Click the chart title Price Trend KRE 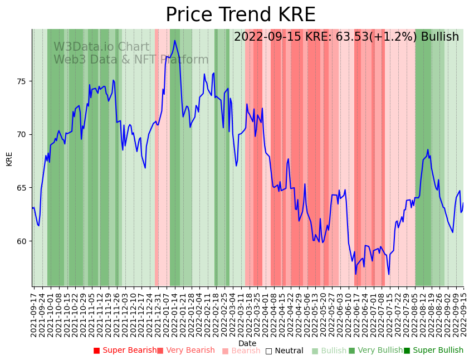point(240,15)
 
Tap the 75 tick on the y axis point(23,81)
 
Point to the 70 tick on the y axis point(23,134)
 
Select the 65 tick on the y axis point(23,188)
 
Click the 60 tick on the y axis point(23,241)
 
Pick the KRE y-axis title point(9,158)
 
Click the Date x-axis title point(247,343)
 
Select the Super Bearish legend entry point(125,351)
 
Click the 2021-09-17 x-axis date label point(34,313)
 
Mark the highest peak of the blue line point(175,40)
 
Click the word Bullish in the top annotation point(439,37)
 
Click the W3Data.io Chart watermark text point(101,47)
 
